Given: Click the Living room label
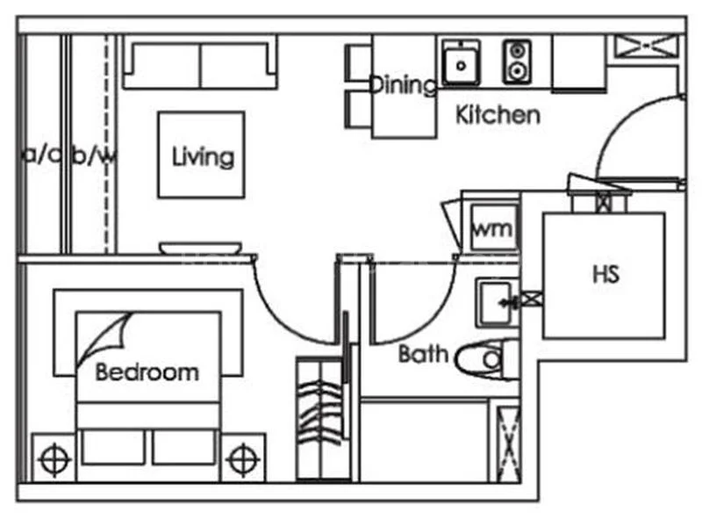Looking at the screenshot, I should pos(203,157).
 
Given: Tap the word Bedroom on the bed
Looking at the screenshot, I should pos(147,372).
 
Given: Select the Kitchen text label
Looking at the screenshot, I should pos(498,115).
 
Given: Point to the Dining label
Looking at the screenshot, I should pos(402,85).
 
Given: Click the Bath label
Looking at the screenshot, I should pos(424,355).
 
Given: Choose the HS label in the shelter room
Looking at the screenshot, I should pos(605,273).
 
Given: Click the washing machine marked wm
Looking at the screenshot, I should pos(493,228).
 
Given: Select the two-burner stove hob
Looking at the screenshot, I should pos(517,61).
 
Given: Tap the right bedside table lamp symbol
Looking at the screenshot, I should pos(242,458).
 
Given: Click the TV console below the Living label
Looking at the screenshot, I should pos(200,247).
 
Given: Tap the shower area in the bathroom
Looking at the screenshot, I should pos(426,439).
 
